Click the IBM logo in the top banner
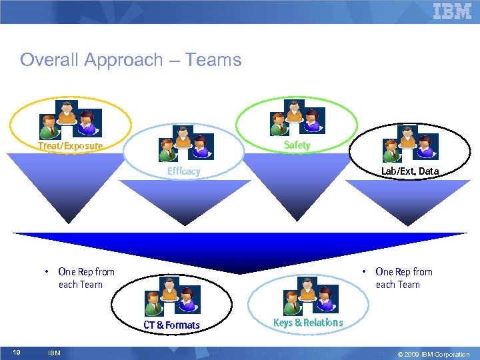click(452, 11)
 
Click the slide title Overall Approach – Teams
click(131, 60)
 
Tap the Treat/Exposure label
click(70, 146)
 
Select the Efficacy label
click(183, 171)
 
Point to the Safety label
click(297, 145)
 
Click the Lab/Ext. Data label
click(409, 171)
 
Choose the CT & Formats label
click(171, 325)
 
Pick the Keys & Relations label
click(308, 323)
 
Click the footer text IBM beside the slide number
click(54, 353)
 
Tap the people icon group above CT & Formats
click(171, 297)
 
